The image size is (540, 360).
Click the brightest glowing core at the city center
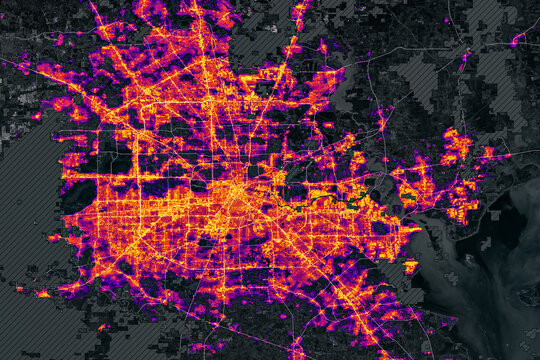pyautogui.click(x=237, y=190)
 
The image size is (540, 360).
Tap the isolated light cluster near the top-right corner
pyautogui.click(x=517, y=40)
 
